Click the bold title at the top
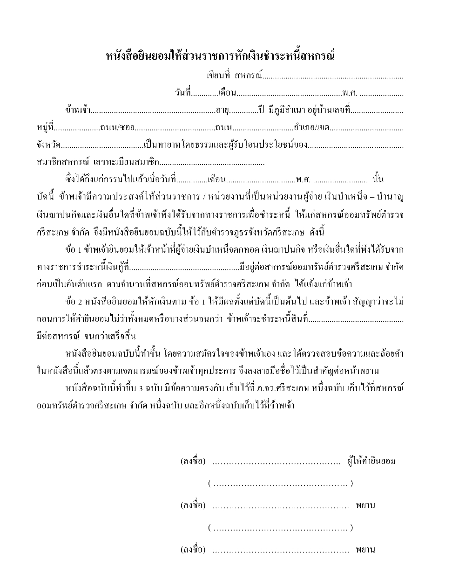[x=221, y=57]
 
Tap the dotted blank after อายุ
[x=244, y=110]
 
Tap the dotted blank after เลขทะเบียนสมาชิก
[x=212, y=163]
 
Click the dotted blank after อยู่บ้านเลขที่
[x=379, y=110]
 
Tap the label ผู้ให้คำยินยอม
[x=371, y=462]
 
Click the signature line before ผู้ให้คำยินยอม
[x=277, y=462]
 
